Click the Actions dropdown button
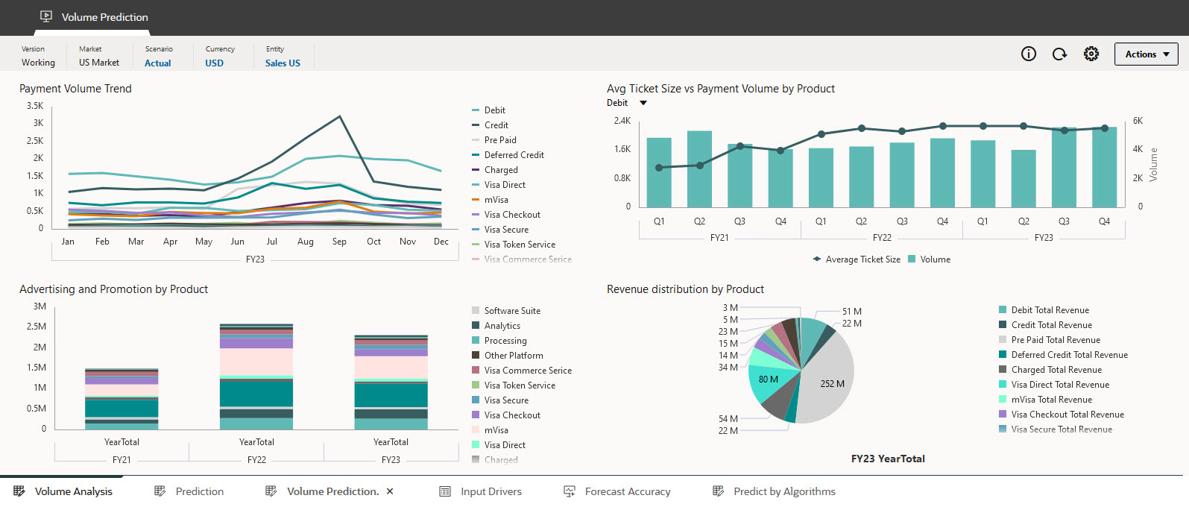(1146, 54)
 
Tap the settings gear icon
(1091, 54)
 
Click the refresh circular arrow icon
(1059, 54)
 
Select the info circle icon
(1029, 54)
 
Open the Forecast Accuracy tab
(627, 491)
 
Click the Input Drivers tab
(491, 491)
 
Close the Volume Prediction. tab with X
(390, 491)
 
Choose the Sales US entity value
(283, 63)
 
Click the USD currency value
(214, 63)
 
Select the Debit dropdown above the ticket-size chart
(627, 103)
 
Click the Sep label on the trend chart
(339, 242)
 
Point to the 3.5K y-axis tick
(35, 106)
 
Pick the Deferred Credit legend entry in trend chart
(514, 155)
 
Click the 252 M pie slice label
(832, 384)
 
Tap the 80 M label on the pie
(768, 380)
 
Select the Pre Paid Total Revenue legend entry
(1055, 340)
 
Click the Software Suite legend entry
(511, 311)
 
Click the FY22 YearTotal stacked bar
(256, 377)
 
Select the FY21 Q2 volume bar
(699, 169)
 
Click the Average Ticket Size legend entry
(862, 259)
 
